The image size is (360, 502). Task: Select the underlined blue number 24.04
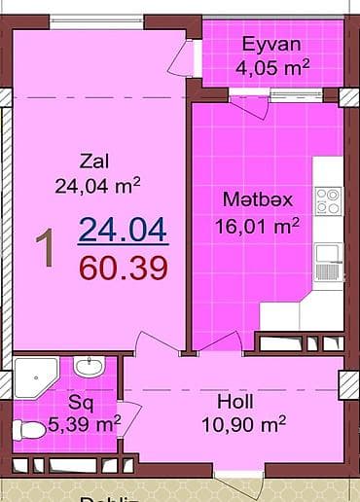123,230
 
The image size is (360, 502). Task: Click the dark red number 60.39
123,266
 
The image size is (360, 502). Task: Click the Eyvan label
271,44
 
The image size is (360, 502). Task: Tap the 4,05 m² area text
272,67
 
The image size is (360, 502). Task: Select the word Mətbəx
258,199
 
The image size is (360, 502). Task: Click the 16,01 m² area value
257,226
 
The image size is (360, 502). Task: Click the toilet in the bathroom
28,428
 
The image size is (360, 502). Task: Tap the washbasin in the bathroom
90,368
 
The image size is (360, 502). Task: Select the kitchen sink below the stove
328,256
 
